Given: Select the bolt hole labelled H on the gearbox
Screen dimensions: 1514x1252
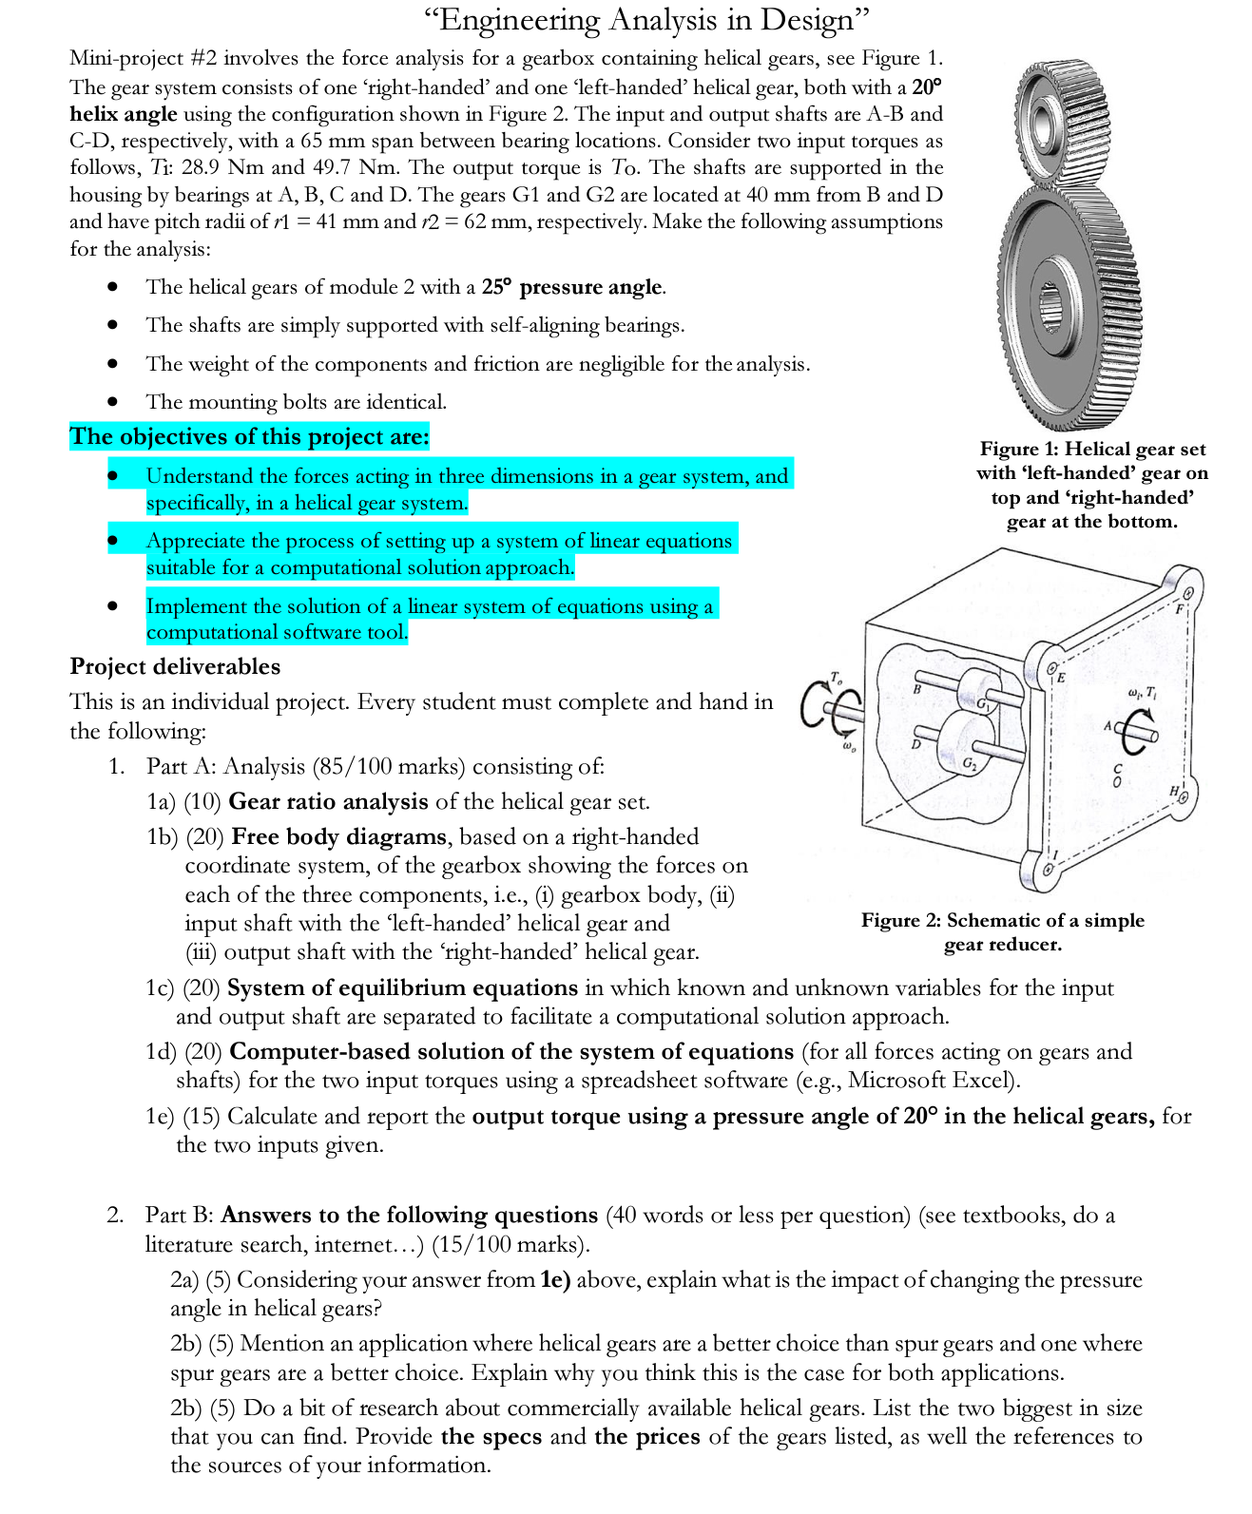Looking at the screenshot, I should [1183, 796].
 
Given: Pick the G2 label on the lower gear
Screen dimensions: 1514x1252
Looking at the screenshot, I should [968, 763].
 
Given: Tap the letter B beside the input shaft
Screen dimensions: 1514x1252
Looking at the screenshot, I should [917, 688].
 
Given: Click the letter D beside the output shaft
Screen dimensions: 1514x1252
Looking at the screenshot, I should [916, 743].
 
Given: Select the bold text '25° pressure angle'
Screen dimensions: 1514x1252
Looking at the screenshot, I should [572, 287].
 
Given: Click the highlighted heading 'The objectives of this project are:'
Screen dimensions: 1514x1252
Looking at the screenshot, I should [249, 437].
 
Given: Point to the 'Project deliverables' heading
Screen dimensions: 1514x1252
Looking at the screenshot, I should [175, 666].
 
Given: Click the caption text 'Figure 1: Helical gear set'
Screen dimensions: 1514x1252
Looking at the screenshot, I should [1092, 450].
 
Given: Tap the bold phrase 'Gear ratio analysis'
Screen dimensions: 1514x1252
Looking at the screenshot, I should [328, 801].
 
